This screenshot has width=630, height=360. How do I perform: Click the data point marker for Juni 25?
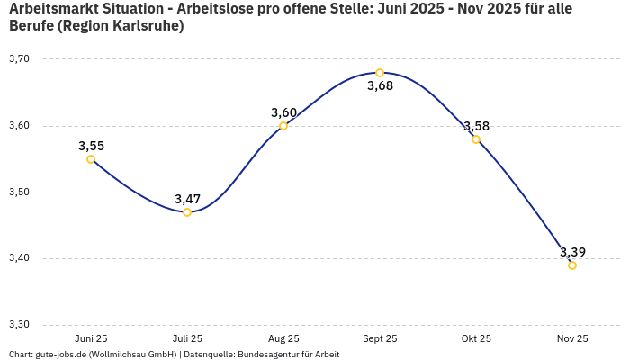(x=91, y=159)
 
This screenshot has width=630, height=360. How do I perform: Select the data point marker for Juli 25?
(x=187, y=212)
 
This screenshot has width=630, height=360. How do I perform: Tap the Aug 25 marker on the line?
(x=283, y=126)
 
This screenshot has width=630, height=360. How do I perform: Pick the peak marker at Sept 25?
(x=380, y=73)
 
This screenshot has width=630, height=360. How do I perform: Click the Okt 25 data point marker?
(x=476, y=139)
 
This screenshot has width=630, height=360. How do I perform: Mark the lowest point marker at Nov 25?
(x=572, y=265)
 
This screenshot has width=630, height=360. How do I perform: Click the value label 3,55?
(x=91, y=146)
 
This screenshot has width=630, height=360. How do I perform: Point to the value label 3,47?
(x=187, y=199)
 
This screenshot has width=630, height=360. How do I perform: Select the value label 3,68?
(x=380, y=86)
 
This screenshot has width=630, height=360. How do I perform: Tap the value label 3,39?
(x=572, y=252)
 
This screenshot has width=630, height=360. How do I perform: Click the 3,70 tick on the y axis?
(x=19, y=59)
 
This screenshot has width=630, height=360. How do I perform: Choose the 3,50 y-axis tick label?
(x=19, y=193)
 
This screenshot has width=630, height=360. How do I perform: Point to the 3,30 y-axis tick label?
(x=19, y=325)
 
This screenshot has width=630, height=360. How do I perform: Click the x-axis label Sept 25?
(x=380, y=339)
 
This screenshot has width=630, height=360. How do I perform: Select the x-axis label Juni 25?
(x=91, y=339)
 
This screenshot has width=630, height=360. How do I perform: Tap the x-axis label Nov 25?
(x=572, y=339)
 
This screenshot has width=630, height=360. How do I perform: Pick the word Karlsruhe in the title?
(x=146, y=27)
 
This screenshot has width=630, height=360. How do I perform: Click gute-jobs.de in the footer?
(x=60, y=355)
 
